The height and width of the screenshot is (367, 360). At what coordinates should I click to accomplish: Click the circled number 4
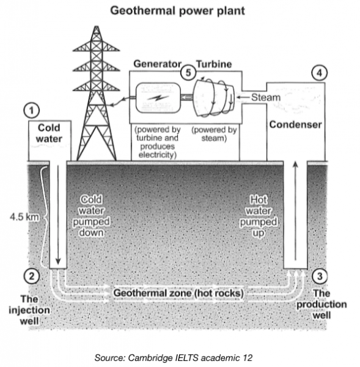pos(317,73)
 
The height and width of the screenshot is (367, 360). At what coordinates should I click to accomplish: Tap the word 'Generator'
pos(156,64)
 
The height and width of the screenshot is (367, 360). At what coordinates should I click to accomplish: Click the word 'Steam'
pos(265,97)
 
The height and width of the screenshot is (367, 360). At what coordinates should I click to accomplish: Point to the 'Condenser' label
pos(295,125)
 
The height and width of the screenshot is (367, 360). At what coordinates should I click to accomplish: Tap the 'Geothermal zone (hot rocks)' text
pos(178,294)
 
